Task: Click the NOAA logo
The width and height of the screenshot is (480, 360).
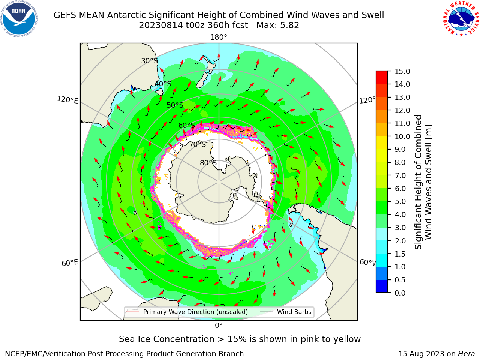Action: click(x=19, y=19)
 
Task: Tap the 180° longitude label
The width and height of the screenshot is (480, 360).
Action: click(x=219, y=37)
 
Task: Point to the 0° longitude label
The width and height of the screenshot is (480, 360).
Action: click(x=219, y=325)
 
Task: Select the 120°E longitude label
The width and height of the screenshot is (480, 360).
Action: click(x=67, y=100)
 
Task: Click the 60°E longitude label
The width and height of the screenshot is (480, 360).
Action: click(x=70, y=262)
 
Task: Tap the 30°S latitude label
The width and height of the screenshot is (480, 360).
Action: click(x=149, y=61)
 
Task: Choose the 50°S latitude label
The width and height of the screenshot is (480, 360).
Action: click(x=175, y=105)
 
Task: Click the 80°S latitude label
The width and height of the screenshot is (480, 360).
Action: click(x=208, y=163)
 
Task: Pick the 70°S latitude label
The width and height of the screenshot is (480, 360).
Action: click(x=198, y=144)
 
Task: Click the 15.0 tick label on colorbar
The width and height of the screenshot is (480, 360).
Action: click(x=402, y=71)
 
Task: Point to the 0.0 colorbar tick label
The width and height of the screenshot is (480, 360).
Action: click(x=400, y=293)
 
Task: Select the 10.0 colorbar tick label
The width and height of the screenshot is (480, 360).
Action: click(x=402, y=136)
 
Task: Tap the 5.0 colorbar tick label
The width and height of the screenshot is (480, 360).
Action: click(x=400, y=201)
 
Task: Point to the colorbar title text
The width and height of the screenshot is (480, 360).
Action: click(x=423, y=182)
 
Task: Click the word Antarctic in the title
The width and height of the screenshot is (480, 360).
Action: click(x=126, y=15)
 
